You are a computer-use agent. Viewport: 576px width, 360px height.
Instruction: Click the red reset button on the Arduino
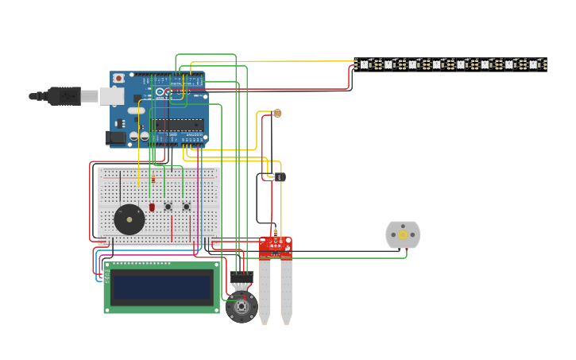(118, 78)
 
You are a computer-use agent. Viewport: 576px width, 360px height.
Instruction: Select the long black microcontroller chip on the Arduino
(179, 124)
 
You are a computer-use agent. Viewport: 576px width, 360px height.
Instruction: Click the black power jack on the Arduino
(116, 137)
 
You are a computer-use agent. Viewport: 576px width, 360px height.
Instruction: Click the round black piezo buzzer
(130, 219)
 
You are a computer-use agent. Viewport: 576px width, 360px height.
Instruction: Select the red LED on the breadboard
(152, 207)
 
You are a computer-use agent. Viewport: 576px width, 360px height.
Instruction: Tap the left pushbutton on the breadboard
(168, 207)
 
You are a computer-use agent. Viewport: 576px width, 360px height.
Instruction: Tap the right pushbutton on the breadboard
(187, 207)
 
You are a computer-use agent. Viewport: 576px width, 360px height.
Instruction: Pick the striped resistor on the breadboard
(153, 181)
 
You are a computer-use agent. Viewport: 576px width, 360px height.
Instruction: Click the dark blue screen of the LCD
(162, 287)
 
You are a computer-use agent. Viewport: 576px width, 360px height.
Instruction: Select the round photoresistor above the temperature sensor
(277, 114)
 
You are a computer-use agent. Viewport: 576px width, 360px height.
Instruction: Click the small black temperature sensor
(279, 176)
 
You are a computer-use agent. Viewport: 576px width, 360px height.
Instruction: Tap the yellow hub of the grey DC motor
(403, 234)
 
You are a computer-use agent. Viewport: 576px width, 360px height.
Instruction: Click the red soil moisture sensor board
(275, 247)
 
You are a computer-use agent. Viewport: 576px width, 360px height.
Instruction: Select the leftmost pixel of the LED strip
(365, 64)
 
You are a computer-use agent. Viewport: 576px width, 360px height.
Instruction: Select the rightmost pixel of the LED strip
(534, 64)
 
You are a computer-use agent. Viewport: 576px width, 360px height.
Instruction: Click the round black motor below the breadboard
(241, 306)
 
